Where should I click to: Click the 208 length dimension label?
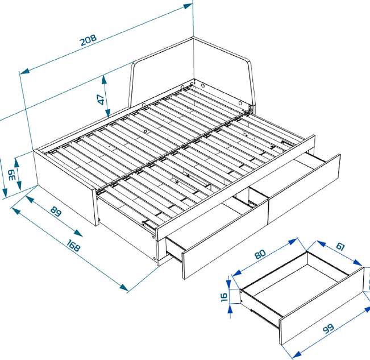point(88,41)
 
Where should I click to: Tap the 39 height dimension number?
point(12,175)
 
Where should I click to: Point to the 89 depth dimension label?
point(55,212)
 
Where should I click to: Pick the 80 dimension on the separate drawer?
point(260,254)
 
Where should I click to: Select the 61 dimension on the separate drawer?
point(340,247)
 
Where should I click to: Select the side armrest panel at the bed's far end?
point(222,68)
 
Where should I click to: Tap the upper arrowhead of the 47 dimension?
point(105,78)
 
